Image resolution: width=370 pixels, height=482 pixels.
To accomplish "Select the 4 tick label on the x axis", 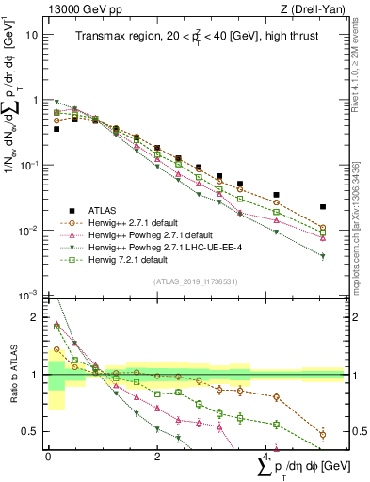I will pos(266,455).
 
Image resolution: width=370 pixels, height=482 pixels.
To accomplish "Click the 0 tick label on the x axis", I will pos(48,455).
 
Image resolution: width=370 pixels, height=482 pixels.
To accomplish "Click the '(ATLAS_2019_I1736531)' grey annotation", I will pos(194,281).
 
